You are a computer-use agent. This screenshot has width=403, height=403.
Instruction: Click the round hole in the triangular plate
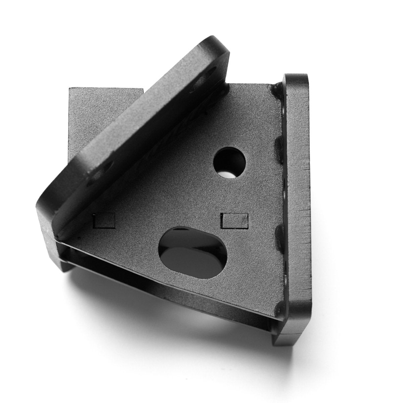(x=229, y=163)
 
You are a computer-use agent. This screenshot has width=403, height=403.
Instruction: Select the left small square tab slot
(x=104, y=220)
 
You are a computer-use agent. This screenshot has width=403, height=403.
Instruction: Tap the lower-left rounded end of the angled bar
(x=50, y=208)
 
